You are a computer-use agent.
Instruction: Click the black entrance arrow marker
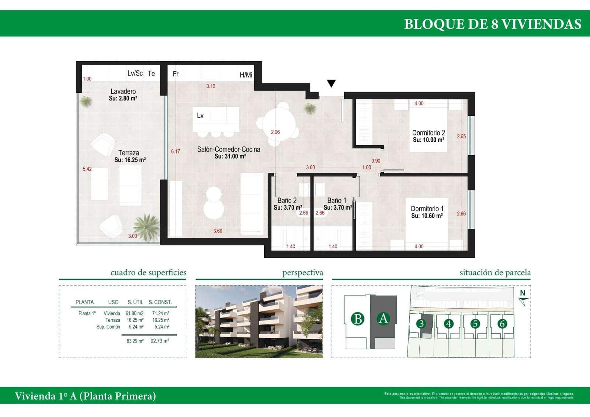[x=331, y=83]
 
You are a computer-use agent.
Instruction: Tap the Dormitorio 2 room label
[x=428, y=133]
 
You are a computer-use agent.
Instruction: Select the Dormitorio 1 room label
[x=427, y=209]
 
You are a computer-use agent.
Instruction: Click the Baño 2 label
[x=287, y=200]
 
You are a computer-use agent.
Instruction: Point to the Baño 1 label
[x=337, y=200]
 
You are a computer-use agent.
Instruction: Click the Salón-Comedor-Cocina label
[x=229, y=149]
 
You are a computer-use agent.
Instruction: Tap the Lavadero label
[x=123, y=91]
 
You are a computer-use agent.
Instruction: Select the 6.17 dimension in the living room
[x=176, y=151]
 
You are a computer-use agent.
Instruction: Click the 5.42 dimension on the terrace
[x=87, y=169]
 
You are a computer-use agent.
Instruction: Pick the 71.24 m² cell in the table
[x=160, y=313]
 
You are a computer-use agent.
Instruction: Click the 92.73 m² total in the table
[x=160, y=341]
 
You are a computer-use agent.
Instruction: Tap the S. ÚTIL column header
[x=135, y=302]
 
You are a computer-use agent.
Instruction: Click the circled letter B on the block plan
[x=357, y=318]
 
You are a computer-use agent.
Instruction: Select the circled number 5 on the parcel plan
[x=475, y=324]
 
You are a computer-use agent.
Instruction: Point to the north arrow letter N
[x=523, y=293]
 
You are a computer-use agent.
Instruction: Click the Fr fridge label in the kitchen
[x=176, y=74]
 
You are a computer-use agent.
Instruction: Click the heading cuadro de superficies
[x=148, y=273]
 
